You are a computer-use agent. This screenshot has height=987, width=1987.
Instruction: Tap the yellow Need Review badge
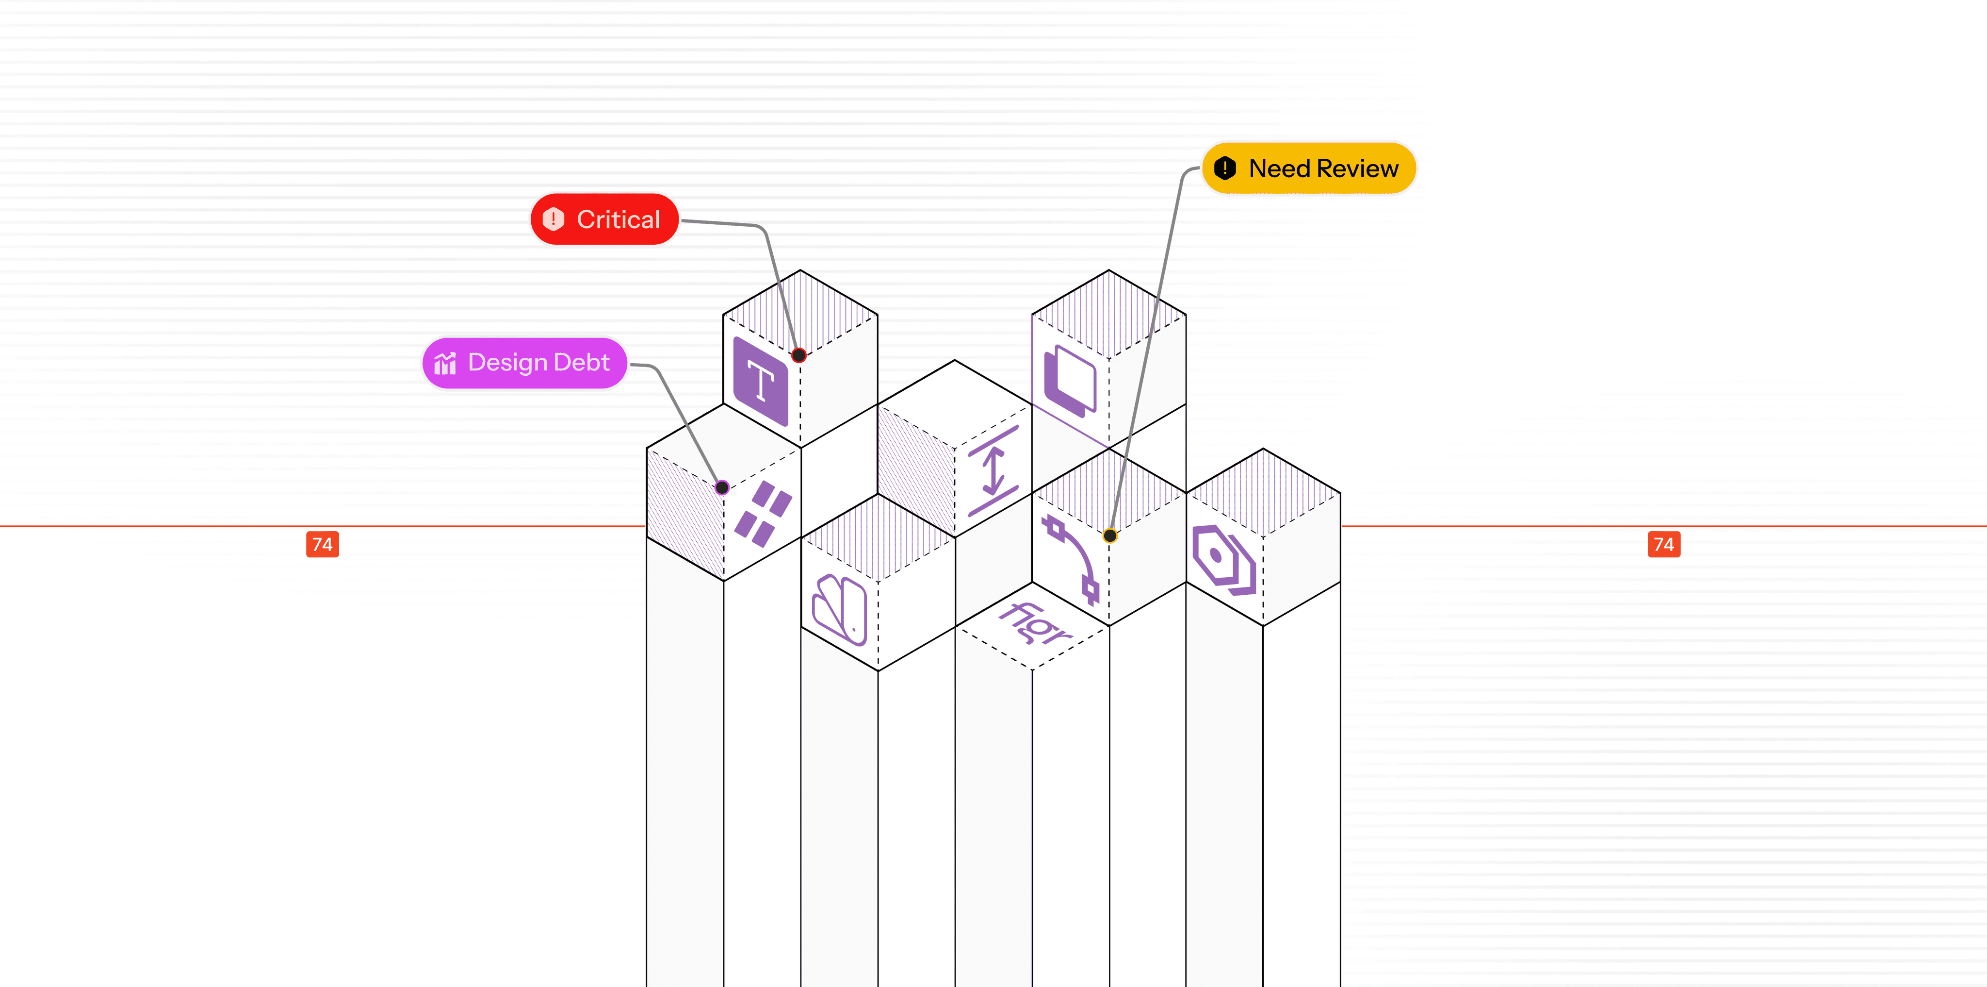[x=1309, y=168]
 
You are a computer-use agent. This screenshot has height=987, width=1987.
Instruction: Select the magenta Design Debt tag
[x=524, y=363]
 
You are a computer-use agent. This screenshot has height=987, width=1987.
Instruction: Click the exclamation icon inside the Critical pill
[x=553, y=219]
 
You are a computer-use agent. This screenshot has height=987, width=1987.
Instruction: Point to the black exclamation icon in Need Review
[x=1225, y=168]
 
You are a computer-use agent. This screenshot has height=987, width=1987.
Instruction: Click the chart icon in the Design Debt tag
[x=445, y=363]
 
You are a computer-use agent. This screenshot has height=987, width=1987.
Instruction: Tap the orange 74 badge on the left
[x=323, y=544]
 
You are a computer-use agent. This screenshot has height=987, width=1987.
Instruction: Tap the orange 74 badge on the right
[x=1664, y=544]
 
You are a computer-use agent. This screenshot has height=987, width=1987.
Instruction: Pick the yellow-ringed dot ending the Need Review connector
[x=1110, y=535]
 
